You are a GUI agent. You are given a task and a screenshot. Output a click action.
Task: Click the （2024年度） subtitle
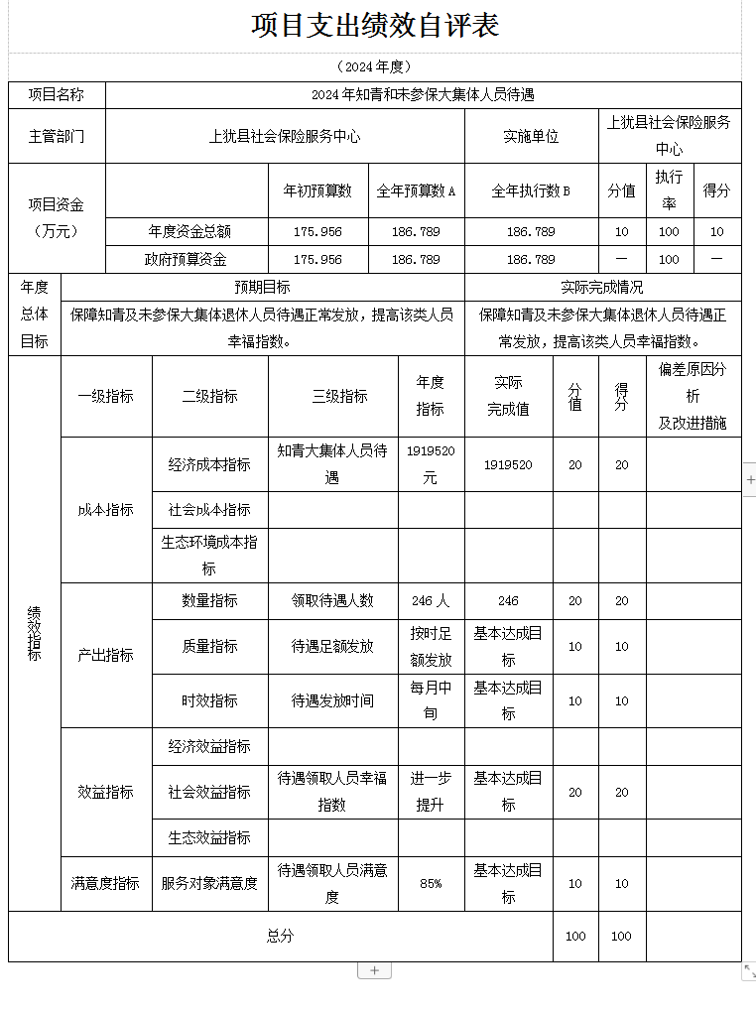(x=374, y=66)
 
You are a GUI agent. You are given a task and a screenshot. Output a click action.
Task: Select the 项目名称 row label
(x=57, y=95)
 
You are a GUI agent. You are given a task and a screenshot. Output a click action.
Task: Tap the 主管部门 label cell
(x=57, y=136)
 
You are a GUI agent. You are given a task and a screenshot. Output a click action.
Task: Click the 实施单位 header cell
(x=531, y=136)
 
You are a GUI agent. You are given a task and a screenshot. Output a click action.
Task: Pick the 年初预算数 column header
(x=317, y=190)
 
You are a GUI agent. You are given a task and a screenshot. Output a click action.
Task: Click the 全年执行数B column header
(x=531, y=190)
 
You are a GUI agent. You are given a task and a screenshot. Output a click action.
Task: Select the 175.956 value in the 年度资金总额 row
(x=317, y=232)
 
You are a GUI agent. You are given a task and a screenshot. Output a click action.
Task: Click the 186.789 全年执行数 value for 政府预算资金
(x=531, y=259)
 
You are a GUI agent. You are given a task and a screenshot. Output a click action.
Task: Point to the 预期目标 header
(x=262, y=287)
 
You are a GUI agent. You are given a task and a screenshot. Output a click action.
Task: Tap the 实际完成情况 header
(x=602, y=287)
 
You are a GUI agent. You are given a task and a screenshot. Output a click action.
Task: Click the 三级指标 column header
(x=332, y=396)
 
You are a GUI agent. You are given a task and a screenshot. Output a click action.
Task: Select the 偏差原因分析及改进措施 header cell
(x=693, y=396)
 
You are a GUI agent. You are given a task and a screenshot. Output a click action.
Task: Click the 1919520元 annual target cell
(x=431, y=464)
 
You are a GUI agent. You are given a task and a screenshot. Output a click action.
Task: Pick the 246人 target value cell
(x=431, y=600)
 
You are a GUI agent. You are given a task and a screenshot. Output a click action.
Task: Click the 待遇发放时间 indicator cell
(x=332, y=700)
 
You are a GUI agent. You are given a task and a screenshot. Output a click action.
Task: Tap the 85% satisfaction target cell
(x=431, y=883)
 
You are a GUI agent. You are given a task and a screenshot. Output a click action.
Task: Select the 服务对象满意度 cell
(x=209, y=883)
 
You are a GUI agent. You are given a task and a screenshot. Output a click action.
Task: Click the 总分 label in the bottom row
(x=280, y=936)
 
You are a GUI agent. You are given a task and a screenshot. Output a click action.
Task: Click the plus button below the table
(x=374, y=970)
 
